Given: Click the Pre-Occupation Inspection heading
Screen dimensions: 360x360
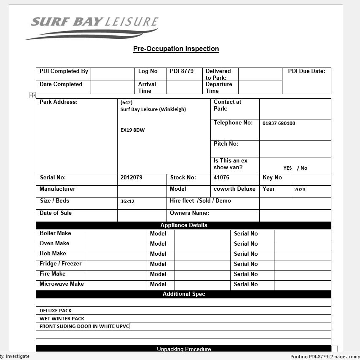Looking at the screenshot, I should (176, 49).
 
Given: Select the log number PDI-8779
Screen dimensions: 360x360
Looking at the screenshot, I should (182, 71).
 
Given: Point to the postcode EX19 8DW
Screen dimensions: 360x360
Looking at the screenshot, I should (132, 130).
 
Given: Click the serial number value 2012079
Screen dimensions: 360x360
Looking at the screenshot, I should (131, 178).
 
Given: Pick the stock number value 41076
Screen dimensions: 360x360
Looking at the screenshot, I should (221, 178).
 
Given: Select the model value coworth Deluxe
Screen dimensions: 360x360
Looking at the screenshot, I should (234, 189).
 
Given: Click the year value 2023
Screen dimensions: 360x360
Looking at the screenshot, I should (300, 189).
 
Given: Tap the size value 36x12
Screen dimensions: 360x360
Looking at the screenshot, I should (127, 201).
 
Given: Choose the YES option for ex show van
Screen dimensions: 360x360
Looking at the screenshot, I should (287, 168).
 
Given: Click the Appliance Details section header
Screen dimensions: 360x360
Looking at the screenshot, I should (184, 225).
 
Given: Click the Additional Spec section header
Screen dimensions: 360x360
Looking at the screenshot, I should (184, 294).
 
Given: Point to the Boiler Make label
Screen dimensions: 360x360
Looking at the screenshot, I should (55, 233).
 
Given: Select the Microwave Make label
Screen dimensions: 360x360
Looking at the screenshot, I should (62, 284).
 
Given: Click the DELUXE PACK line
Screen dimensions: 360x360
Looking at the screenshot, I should (56, 311).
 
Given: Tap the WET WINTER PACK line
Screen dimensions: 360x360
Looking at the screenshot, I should (62, 319).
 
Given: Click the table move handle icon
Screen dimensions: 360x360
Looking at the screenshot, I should (32, 95).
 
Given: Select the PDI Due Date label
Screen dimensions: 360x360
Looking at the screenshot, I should (306, 71).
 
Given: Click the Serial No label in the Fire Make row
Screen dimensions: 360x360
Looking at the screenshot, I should (246, 274).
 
